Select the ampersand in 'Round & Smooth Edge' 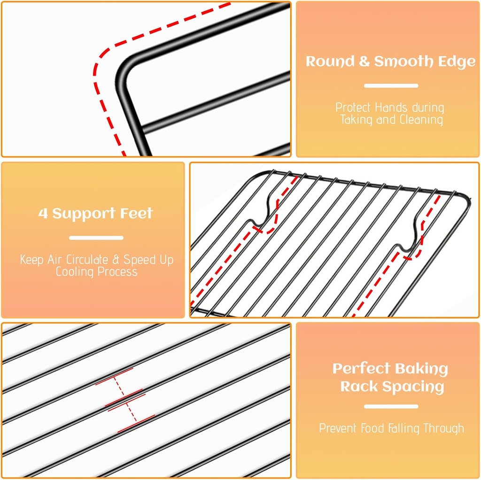tap(365, 62)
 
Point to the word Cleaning tap(421, 120)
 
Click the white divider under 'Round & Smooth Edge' tap(391, 86)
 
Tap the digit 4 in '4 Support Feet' tap(43, 214)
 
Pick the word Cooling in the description tap(73, 272)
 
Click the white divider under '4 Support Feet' tap(96, 238)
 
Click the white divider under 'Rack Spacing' tap(391, 406)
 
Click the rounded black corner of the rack tap(125, 70)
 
